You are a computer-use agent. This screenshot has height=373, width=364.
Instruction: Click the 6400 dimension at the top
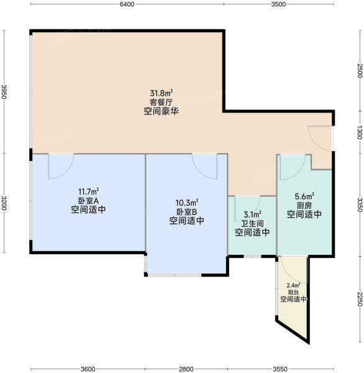tap(127, 4)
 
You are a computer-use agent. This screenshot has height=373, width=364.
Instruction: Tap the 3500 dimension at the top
tap(278, 4)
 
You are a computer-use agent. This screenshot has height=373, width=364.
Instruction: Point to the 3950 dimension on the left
tap(4, 92)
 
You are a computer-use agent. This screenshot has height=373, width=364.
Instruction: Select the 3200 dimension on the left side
tap(4, 203)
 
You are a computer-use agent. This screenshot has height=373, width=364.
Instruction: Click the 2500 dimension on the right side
tap(360, 71)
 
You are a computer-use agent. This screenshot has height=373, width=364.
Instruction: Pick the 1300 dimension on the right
tap(360, 133)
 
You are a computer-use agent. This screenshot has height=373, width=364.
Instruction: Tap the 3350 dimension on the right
tap(360, 205)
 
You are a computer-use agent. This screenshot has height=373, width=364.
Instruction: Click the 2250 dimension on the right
tap(360, 299)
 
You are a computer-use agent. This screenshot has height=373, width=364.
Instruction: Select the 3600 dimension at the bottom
tap(88, 369)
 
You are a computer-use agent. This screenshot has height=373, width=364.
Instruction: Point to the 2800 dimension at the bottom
tap(186, 369)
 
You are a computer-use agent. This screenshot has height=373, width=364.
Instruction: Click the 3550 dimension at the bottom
tap(280, 369)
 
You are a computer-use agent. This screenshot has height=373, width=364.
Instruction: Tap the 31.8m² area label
tap(162, 93)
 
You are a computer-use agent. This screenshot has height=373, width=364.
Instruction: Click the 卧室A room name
tap(88, 201)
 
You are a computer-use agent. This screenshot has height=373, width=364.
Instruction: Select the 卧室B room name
tap(186, 212)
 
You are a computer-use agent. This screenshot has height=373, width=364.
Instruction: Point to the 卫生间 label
tap(252, 224)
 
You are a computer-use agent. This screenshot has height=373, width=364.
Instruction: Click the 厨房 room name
tap(304, 205)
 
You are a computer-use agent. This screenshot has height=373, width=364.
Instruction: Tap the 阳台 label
tap(293, 292)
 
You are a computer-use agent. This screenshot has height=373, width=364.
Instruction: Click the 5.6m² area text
tap(304, 196)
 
